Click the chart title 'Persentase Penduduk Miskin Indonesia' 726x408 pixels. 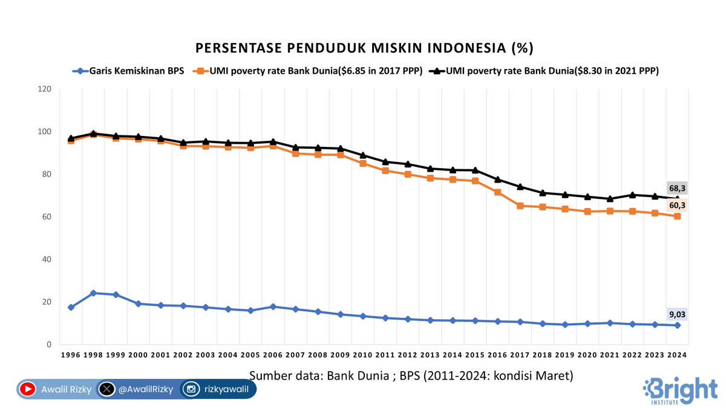tap(363, 48)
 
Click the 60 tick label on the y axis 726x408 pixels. tap(47, 217)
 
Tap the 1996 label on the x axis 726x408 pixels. tap(71, 356)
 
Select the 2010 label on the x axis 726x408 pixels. tap(362, 356)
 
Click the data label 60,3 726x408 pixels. tap(677, 206)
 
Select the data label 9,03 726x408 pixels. tap(677, 314)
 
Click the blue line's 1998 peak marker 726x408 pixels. tap(93, 293)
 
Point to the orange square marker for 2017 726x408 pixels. tap(520, 206)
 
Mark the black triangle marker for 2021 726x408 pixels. tap(610, 198)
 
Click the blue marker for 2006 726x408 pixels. tap(273, 307)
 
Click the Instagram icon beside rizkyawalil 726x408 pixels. tap(191, 390)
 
